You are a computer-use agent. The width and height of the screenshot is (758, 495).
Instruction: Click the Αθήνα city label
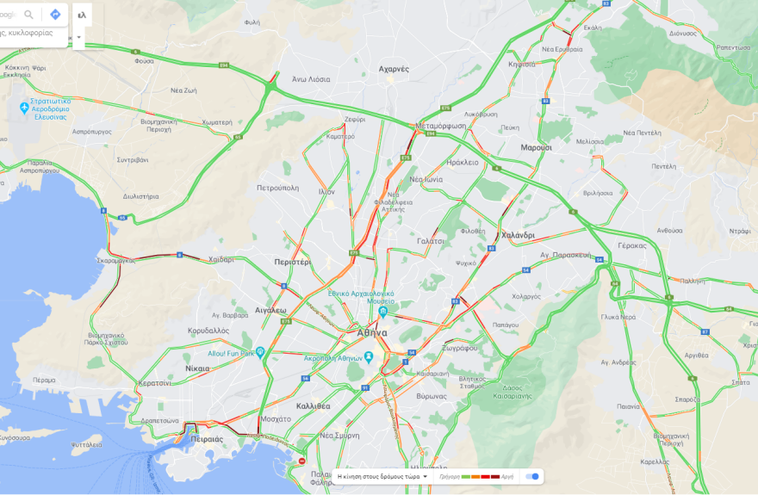372,332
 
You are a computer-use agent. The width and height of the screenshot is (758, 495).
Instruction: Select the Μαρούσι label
536,147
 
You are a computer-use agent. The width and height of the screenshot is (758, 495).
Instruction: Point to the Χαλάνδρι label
518,235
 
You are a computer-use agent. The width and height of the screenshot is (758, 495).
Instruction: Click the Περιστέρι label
292,260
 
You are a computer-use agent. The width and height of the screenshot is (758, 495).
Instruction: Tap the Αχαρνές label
394,69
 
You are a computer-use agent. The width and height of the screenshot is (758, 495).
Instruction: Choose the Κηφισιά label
522,65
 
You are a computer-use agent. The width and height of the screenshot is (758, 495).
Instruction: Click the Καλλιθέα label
313,405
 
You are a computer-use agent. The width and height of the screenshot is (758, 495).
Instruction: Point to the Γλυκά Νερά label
618,316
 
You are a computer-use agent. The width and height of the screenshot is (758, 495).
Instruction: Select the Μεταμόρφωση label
440,126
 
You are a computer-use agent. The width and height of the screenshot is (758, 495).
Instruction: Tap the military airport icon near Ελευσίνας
24,108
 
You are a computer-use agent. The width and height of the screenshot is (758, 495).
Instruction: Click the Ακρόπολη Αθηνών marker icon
368,357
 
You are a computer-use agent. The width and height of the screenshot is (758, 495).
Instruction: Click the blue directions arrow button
55,15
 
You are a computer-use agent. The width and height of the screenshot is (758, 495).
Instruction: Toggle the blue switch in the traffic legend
533,476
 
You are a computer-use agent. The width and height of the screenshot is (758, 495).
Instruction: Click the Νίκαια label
197,368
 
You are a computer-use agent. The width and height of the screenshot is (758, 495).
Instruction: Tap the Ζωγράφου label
461,348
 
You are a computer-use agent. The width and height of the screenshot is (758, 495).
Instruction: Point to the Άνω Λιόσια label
310,79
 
